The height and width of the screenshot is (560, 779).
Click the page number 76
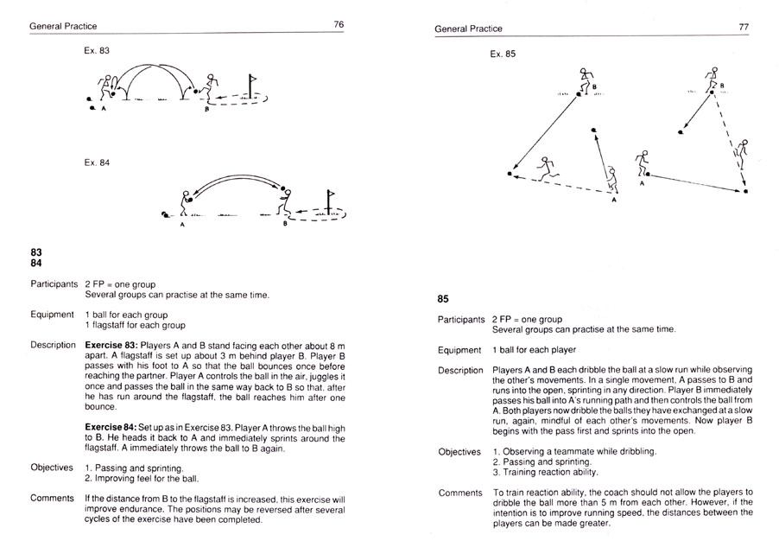click(339, 26)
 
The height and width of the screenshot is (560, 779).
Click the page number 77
click(744, 28)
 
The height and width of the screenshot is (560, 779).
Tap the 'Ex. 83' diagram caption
click(97, 52)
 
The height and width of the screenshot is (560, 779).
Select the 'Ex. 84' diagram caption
click(97, 161)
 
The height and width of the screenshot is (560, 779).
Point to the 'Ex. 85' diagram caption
click(503, 54)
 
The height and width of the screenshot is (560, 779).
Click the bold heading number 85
click(443, 300)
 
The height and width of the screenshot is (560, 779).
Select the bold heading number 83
click(36, 251)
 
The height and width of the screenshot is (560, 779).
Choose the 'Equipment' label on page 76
click(52, 315)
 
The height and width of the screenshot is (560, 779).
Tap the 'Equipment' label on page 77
click(459, 350)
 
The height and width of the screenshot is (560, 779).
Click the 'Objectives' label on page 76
click(53, 468)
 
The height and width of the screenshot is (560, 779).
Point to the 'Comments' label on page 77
click(459, 493)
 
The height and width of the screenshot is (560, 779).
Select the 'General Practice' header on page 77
click(468, 29)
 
